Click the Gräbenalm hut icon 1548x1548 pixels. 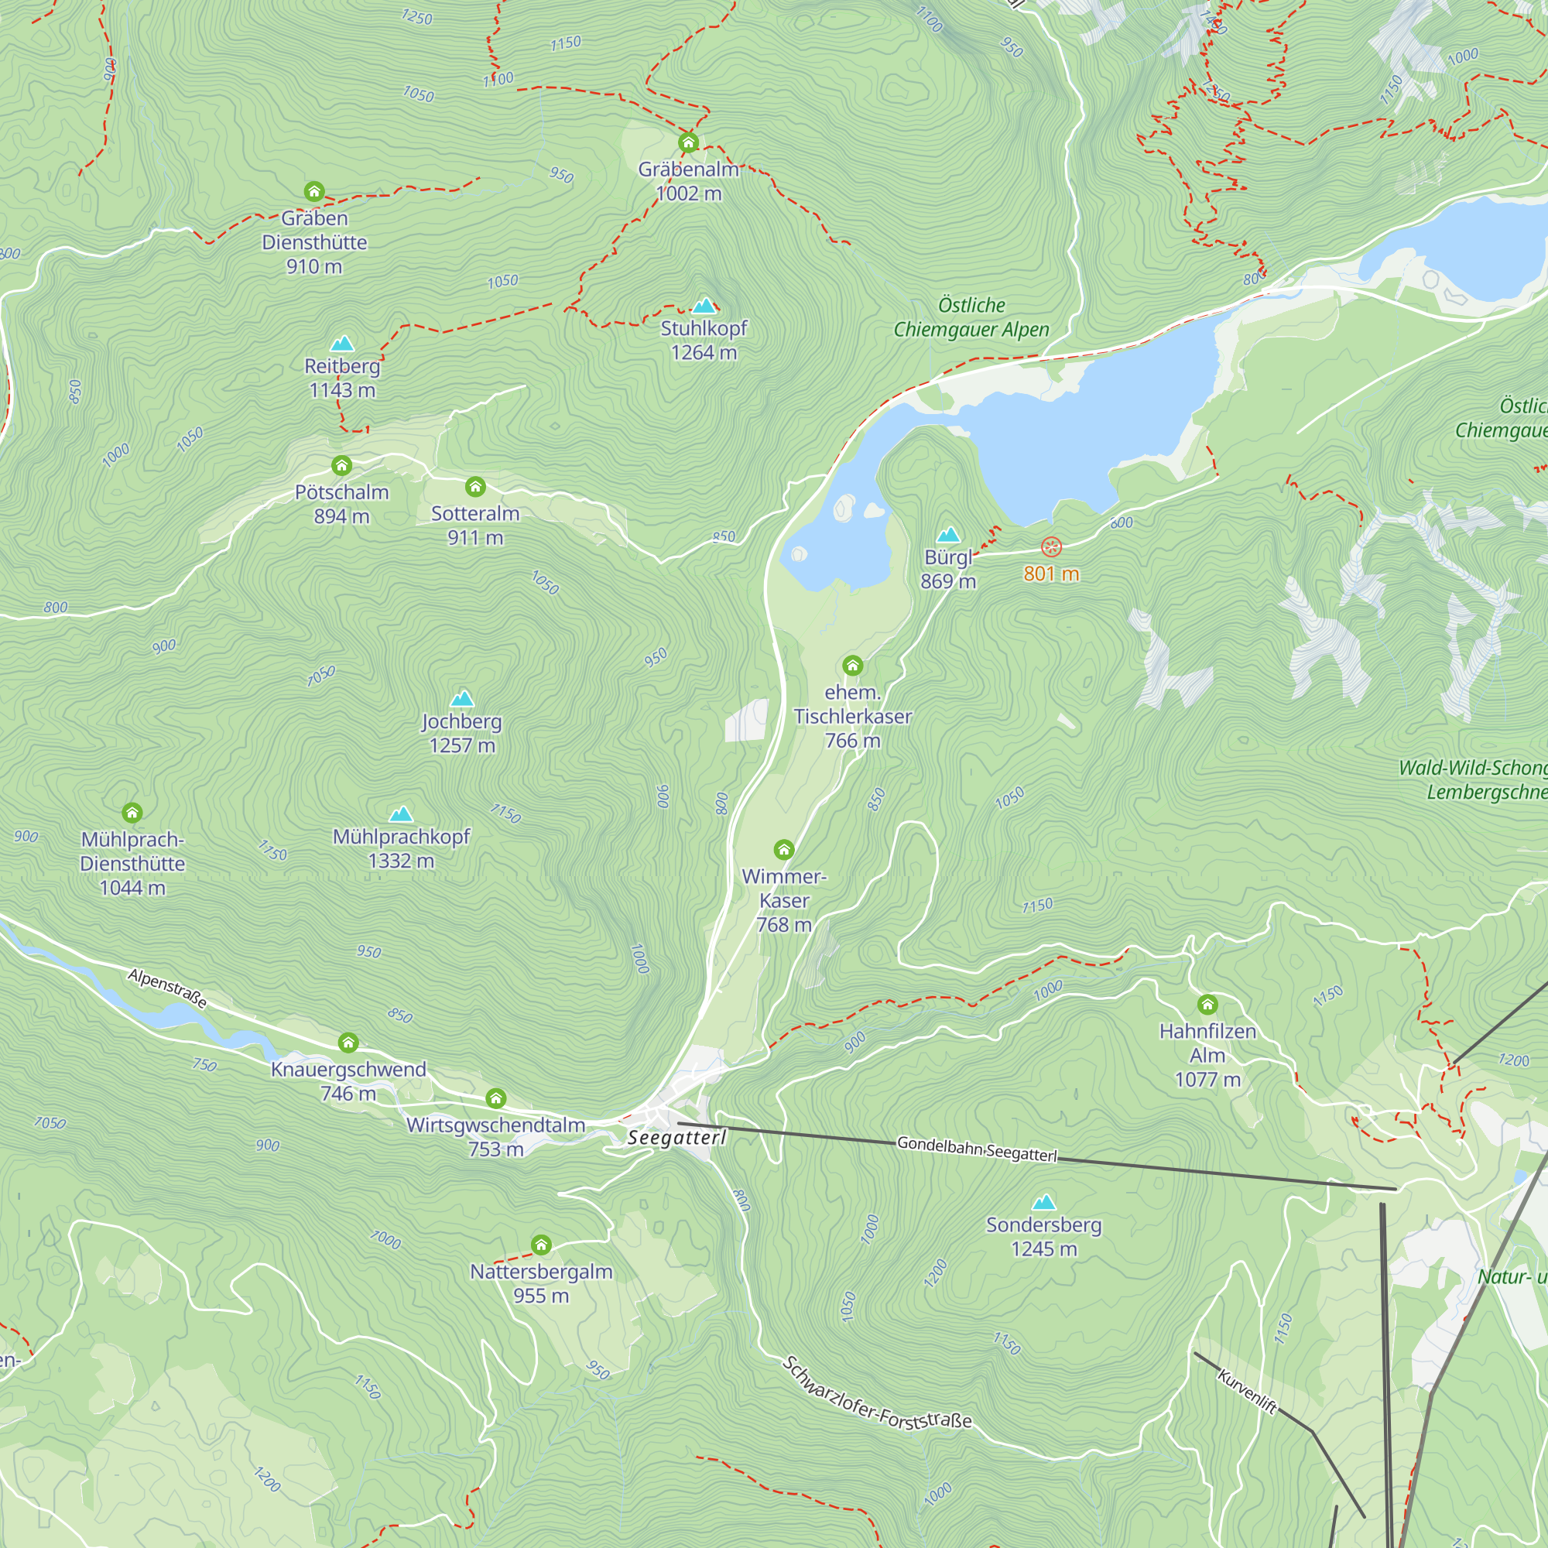pyautogui.click(x=688, y=143)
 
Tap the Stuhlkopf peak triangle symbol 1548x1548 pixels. pyautogui.click(x=704, y=306)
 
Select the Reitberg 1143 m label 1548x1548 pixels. pyautogui.click(x=342, y=378)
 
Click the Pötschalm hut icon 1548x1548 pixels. pyautogui.click(x=342, y=465)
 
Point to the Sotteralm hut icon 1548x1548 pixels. pyautogui.click(x=475, y=486)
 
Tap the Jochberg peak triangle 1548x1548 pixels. pyautogui.click(x=461, y=699)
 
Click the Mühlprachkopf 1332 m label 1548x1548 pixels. pyautogui.click(x=401, y=848)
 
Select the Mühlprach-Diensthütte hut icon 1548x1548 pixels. pyautogui.click(x=132, y=813)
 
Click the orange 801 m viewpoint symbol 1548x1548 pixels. pyautogui.click(x=1051, y=547)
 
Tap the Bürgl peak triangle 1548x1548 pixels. pyautogui.click(x=949, y=536)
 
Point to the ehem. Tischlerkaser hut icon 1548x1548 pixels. pyautogui.click(x=852, y=666)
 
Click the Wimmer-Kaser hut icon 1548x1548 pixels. pyautogui.click(x=783, y=849)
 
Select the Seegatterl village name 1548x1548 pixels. pyautogui.click(x=677, y=1138)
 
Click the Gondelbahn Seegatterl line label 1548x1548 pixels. pyautogui.click(x=977, y=1148)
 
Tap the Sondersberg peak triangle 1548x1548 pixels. pyautogui.click(x=1043, y=1203)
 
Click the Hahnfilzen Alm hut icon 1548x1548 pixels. pyautogui.click(x=1207, y=1004)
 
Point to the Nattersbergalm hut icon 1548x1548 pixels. pyautogui.click(x=542, y=1245)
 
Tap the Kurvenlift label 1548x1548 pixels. pyautogui.click(x=1247, y=1392)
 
